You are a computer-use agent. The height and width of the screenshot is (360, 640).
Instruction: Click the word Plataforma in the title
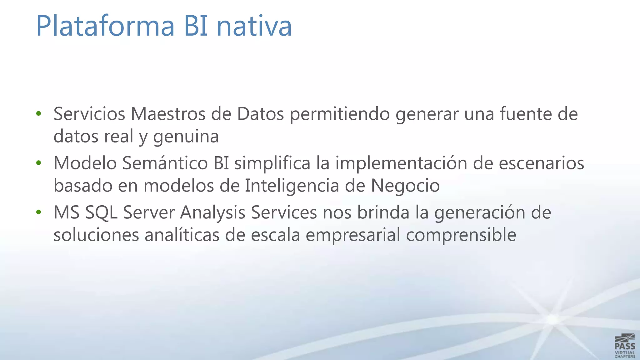click(105, 26)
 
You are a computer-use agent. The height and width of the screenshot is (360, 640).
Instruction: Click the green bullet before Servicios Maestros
click(38, 113)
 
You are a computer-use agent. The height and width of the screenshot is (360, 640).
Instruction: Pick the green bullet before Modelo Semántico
click(38, 162)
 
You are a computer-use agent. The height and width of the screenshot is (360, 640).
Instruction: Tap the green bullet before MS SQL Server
click(38, 212)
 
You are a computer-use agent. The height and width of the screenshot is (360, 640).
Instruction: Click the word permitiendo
click(340, 114)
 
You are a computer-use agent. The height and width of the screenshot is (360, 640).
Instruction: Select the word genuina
click(186, 137)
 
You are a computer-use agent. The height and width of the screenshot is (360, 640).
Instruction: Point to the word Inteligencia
click(292, 186)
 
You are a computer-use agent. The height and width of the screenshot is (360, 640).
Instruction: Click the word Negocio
click(405, 186)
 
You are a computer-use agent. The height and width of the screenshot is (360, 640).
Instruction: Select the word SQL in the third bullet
click(101, 213)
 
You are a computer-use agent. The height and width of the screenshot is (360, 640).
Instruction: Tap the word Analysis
click(212, 213)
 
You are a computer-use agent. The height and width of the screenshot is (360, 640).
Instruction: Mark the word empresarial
click(353, 235)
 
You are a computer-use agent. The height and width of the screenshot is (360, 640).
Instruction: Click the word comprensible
click(461, 235)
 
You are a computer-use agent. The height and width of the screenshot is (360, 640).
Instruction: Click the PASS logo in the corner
click(625, 346)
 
